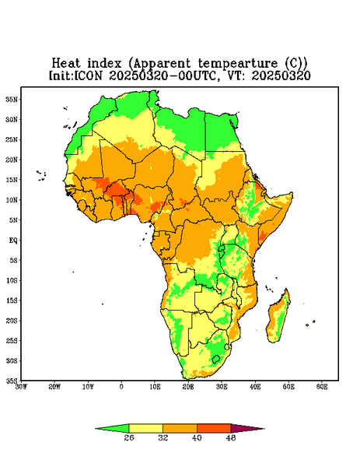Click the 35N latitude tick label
(x=12, y=99)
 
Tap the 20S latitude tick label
(x=12, y=321)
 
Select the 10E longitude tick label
(x=155, y=387)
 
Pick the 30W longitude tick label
(x=21, y=387)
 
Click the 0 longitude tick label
(x=121, y=387)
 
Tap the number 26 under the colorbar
(x=129, y=437)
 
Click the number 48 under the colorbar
(x=231, y=437)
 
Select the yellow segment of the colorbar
(x=145, y=428)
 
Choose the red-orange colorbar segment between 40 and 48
(x=214, y=428)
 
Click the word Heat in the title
(x=66, y=63)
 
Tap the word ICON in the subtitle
(x=88, y=75)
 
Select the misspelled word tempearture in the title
(x=238, y=64)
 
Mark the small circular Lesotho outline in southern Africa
(x=216, y=359)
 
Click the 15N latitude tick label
(x=12, y=180)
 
